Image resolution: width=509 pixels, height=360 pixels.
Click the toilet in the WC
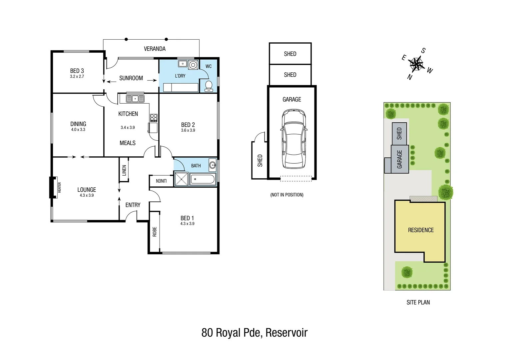point(209,86)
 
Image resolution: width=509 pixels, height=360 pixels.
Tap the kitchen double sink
point(135,99)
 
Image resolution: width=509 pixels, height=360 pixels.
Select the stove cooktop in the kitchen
point(154,117)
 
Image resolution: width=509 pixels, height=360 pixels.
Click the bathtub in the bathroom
point(202,179)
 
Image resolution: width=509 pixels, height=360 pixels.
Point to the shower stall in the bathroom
point(181,179)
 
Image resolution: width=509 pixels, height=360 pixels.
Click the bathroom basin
point(213,165)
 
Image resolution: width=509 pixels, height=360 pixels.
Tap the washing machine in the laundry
point(193,65)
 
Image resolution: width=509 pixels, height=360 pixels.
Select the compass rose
point(416,63)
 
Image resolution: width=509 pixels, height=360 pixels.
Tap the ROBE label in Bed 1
point(155,232)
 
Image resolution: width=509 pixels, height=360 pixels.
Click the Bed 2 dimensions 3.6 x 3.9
point(188,130)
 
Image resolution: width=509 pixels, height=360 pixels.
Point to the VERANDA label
point(155,49)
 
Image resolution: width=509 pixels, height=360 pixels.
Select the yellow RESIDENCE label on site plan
point(421,230)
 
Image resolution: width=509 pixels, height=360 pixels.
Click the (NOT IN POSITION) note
point(287,195)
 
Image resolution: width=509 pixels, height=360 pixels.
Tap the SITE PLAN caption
point(418,302)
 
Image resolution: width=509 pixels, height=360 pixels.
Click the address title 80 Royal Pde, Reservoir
point(254,332)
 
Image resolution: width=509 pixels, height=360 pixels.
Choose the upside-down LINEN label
point(161,181)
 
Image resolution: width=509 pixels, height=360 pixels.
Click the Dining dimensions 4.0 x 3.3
point(78,130)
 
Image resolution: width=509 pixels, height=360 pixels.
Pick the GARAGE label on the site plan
point(399,159)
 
